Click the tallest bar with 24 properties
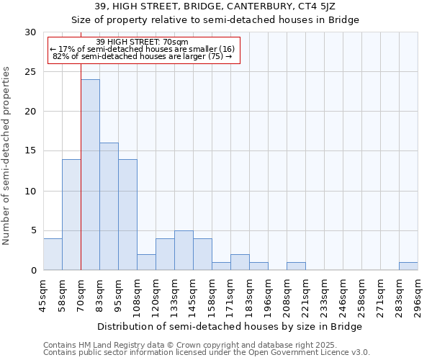90,175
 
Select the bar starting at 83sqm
109,207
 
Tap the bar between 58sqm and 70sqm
71,215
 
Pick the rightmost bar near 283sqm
408,266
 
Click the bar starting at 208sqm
296,266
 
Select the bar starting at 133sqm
184,251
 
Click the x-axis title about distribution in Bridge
230,327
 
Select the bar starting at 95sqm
127,215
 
